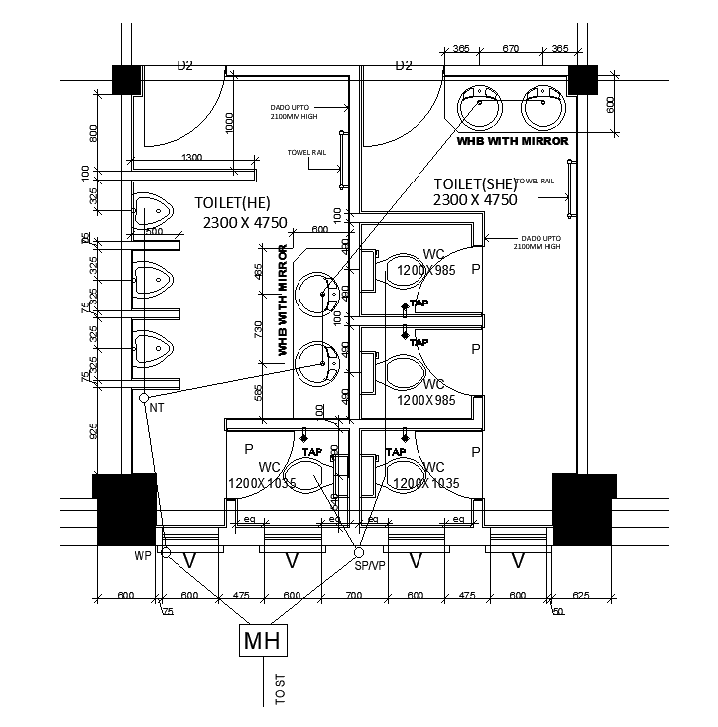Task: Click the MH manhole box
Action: click(263, 640)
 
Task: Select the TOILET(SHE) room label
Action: click(475, 184)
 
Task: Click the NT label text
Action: click(156, 407)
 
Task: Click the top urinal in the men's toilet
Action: click(150, 212)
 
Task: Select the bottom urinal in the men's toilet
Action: click(150, 349)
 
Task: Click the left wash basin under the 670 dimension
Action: click(481, 105)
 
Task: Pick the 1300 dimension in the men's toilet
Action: click(192, 158)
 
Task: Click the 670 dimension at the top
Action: click(512, 48)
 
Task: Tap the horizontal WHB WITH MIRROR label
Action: click(512, 141)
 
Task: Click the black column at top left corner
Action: click(127, 79)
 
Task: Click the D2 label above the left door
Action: click(184, 66)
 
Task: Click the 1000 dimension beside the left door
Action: click(230, 121)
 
